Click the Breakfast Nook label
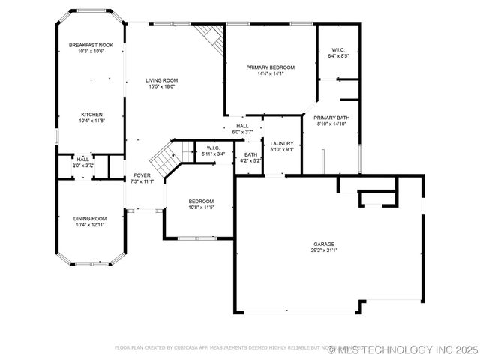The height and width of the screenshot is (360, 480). tap(91, 46)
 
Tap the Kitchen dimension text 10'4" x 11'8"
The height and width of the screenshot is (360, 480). tap(92, 121)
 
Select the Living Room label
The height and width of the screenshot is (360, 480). tap(161, 80)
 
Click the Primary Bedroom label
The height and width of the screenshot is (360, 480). tap(271, 67)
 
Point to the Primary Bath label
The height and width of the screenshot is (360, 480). tap(331, 118)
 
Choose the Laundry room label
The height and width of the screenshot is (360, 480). tap(282, 143)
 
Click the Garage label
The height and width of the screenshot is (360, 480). tap(324, 244)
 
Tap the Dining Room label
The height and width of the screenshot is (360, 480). tap(90, 218)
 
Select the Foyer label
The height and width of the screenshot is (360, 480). tap(142, 175)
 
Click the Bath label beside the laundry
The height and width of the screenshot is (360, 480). tap(250, 154)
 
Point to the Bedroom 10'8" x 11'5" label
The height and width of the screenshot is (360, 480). tap(201, 201)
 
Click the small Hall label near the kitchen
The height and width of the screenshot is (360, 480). tap(82, 159)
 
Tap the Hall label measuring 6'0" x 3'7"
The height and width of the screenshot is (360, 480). tap(242, 126)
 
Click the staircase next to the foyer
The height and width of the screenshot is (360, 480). tap(164, 158)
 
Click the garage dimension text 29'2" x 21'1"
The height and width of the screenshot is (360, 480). tap(324, 250)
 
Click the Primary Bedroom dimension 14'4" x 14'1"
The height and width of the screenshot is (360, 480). tap(271, 73)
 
